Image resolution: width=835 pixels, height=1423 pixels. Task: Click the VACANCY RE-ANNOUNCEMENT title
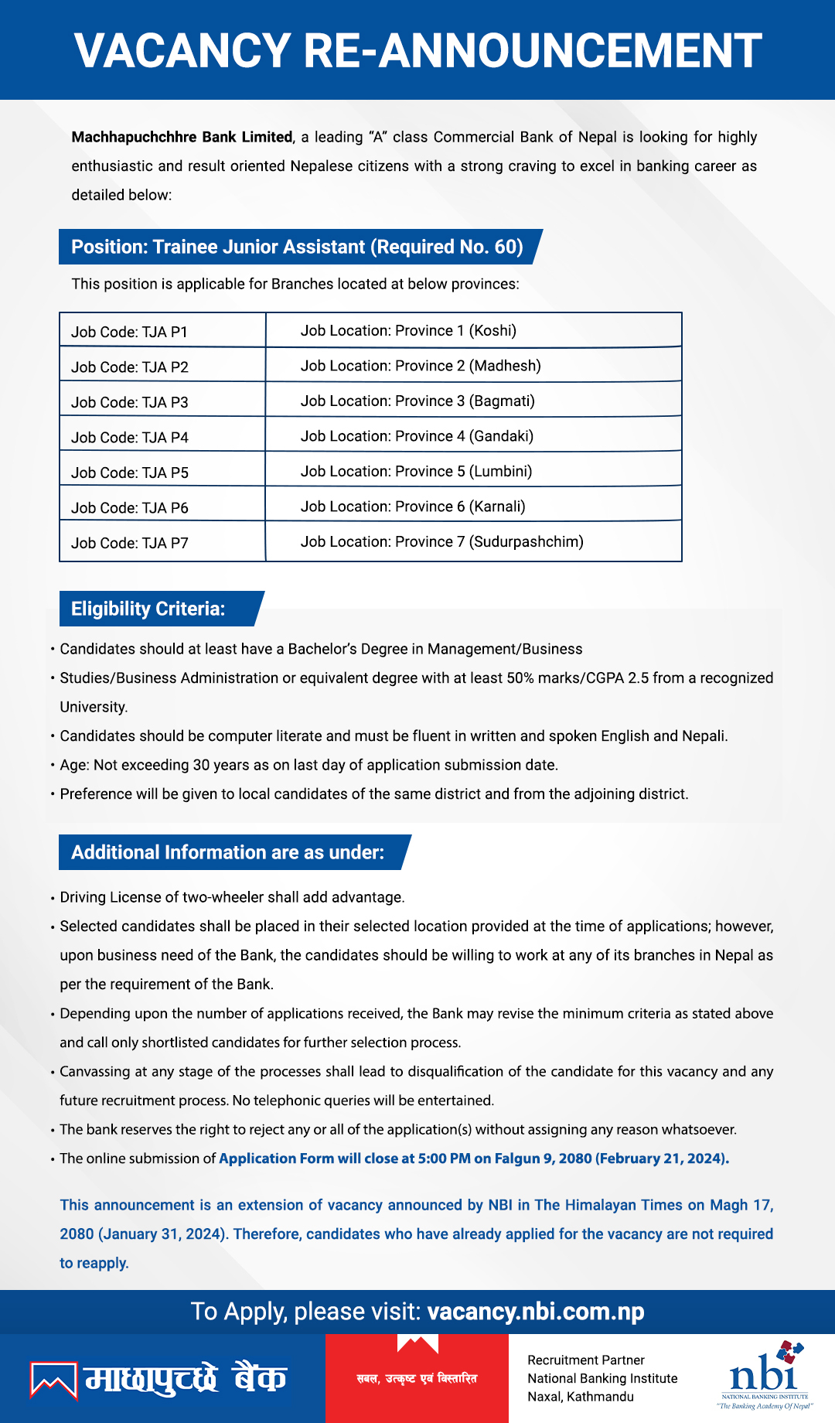click(417, 51)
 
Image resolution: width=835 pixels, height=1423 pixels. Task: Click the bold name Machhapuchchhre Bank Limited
click(182, 138)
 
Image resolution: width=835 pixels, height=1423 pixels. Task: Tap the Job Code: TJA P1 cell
click(129, 332)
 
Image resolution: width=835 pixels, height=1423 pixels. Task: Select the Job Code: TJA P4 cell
click(129, 438)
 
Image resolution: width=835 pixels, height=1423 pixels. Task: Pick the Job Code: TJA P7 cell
click(129, 543)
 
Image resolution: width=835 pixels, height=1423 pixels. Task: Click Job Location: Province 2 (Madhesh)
click(421, 366)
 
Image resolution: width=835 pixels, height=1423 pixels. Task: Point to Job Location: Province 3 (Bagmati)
click(417, 401)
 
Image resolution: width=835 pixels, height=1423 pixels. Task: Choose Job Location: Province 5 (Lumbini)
click(416, 471)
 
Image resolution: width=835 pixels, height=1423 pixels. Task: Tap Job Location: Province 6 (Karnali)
click(413, 507)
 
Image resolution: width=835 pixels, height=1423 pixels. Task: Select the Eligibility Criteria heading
click(148, 609)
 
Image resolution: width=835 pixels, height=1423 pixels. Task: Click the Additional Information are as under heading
click(228, 852)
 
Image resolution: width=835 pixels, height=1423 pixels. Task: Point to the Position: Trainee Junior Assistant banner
click(297, 247)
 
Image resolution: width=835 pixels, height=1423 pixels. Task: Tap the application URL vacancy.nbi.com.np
click(535, 1312)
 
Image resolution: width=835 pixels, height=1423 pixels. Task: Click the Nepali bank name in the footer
click(186, 1379)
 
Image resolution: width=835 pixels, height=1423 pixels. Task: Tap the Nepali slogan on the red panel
click(417, 1378)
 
